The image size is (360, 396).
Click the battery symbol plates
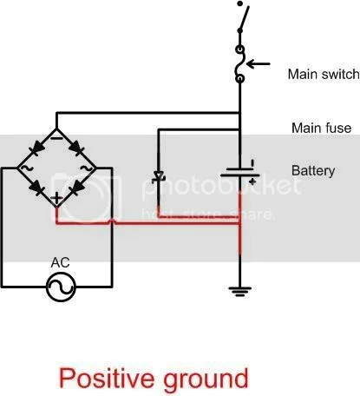(239, 174)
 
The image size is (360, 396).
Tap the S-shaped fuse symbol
(239, 64)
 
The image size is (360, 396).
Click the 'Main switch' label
(319, 75)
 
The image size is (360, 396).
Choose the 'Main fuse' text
(321, 128)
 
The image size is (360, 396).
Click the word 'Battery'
(313, 171)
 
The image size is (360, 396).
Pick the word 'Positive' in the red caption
(107, 378)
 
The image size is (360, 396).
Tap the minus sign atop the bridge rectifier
(56, 135)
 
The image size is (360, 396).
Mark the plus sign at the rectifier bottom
(56, 199)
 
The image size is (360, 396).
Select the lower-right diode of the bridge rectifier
(75, 184)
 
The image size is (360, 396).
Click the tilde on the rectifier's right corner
(87, 168)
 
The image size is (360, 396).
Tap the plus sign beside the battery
(252, 183)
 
